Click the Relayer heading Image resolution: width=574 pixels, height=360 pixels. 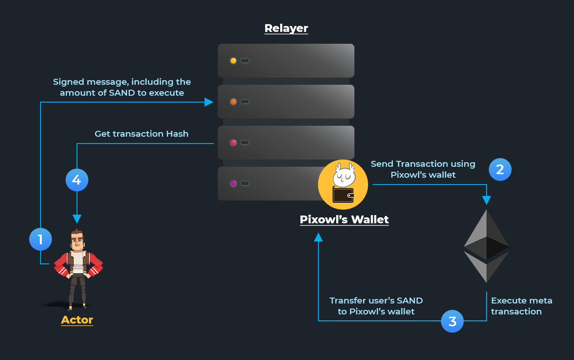point(286,28)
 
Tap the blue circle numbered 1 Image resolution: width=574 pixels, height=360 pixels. point(41,239)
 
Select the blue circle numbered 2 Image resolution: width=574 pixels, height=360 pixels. point(500,170)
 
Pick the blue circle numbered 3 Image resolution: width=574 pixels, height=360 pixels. point(452,321)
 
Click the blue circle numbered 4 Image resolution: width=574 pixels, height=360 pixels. point(77,180)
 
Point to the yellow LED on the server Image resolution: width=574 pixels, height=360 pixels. point(233,61)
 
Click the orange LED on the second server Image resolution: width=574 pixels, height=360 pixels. point(233,102)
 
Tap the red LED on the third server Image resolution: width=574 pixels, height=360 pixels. point(233,143)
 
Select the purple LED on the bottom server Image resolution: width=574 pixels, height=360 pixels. point(233,184)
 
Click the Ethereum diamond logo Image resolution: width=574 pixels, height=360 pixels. point(486,246)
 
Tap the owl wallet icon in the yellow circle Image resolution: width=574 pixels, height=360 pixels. point(343,184)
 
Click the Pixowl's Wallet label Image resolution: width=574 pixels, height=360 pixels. point(344,220)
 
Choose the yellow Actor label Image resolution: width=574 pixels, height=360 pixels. point(77,320)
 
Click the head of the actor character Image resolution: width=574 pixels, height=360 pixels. point(77,241)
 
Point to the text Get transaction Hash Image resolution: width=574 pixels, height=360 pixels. point(141,134)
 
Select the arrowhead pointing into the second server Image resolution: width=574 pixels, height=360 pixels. point(209,102)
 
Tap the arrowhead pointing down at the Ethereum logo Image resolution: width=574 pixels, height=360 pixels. point(486,201)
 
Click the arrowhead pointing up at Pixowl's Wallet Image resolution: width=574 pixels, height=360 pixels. point(318,237)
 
